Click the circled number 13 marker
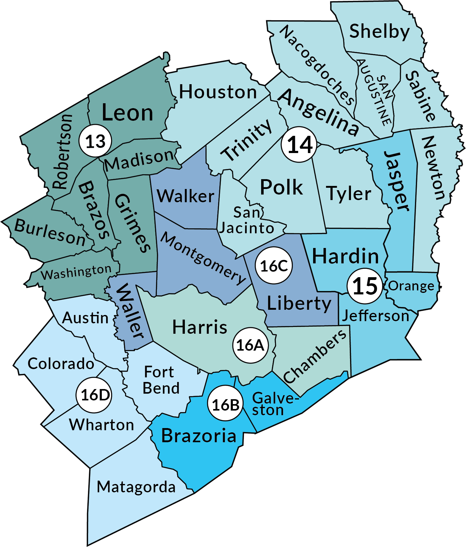[95, 141]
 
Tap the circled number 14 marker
[299, 144]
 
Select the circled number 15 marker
[365, 286]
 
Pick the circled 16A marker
[250, 345]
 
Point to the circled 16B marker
[225, 405]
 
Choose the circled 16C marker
[274, 266]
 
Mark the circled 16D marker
[94, 395]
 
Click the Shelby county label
[380, 32]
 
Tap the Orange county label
[411, 286]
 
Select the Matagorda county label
[136, 487]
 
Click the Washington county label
[76, 272]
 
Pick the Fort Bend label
[161, 380]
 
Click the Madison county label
[139, 160]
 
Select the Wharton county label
[102, 425]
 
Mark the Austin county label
[85, 318]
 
